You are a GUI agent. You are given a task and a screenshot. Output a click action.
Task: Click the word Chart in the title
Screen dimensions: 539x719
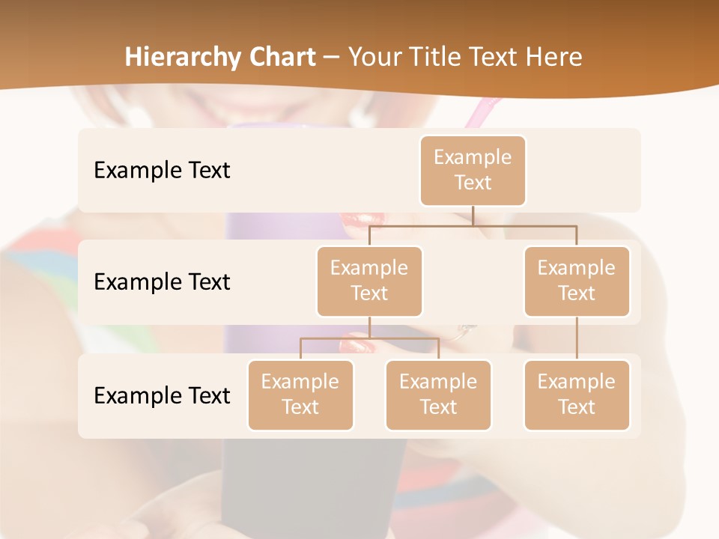click(x=280, y=57)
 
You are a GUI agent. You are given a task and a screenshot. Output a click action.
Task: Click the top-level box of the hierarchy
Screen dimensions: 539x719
click(x=473, y=171)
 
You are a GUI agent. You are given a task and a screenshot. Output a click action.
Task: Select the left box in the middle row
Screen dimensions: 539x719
click(x=369, y=281)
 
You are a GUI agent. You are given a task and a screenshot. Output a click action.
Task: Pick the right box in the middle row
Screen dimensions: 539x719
click(x=577, y=281)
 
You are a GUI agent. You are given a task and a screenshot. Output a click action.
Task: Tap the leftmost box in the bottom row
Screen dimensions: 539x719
click(x=300, y=395)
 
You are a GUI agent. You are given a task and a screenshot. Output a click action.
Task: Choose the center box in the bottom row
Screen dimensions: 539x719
click(x=438, y=395)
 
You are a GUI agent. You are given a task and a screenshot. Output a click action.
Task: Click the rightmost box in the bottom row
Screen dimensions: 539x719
click(x=577, y=395)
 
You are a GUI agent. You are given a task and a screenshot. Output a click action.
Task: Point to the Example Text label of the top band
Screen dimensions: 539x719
click(x=162, y=171)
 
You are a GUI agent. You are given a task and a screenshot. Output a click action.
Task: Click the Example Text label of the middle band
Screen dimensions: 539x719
click(x=162, y=282)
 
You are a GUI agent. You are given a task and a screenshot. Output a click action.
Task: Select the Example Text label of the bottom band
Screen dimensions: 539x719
click(x=162, y=395)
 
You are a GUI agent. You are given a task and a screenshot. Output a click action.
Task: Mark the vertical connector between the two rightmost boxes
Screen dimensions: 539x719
click(x=577, y=338)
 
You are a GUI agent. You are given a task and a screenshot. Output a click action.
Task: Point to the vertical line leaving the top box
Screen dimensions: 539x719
click(x=473, y=216)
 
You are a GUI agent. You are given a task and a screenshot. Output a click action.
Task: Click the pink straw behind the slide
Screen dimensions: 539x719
click(x=480, y=112)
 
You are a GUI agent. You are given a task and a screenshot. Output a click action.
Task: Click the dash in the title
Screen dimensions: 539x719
click(x=332, y=57)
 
